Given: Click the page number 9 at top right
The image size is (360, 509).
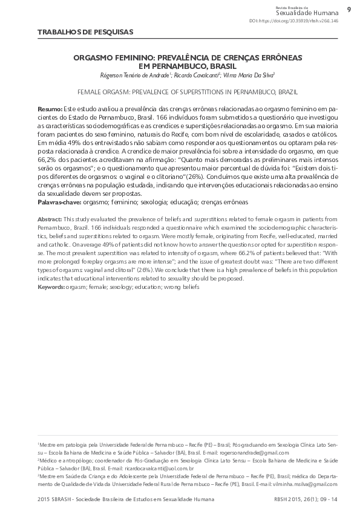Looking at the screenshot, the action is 349,10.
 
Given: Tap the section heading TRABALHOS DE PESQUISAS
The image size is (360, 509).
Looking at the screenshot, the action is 85,31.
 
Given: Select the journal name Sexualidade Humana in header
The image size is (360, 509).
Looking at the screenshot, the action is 307,12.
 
